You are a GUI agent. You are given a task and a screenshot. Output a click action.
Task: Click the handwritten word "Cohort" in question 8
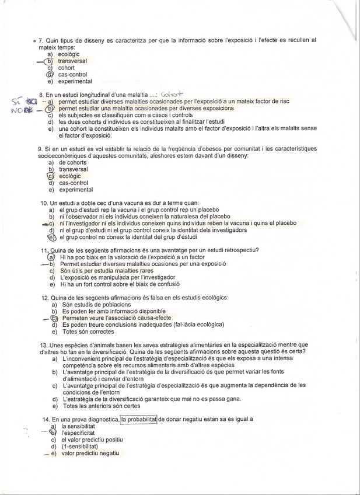pyautogui.click(x=171, y=93)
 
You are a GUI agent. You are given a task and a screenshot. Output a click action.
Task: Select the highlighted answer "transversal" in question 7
pyautogui.click(x=73, y=61)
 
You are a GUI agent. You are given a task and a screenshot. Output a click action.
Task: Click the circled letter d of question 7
pyautogui.click(x=50, y=75)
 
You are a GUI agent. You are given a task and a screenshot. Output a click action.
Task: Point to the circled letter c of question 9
pyautogui.click(x=51, y=176)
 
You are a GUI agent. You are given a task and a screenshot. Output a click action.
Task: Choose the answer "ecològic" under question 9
pyautogui.click(x=70, y=176)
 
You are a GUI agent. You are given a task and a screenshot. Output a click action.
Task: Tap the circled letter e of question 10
pyautogui.click(x=51, y=238)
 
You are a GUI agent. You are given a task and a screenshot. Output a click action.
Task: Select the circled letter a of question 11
pyautogui.click(x=51, y=257)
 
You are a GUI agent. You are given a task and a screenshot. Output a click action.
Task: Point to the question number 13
pyautogui.click(x=44, y=345)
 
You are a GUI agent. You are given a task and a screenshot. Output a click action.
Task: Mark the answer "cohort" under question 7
pyautogui.click(x=67, y=68)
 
